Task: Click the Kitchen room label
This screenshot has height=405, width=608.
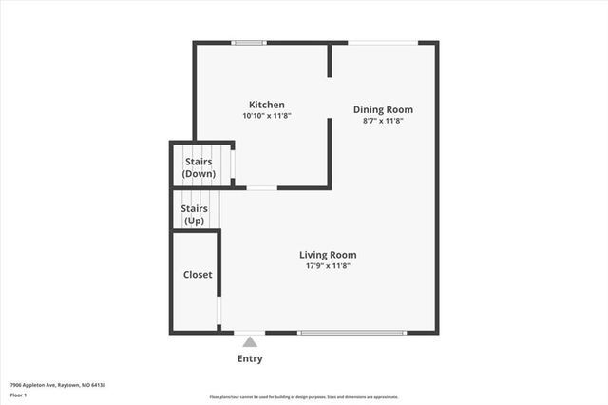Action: [x=266, y=105]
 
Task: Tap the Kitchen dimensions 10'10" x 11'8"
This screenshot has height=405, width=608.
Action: [x=266, y=116]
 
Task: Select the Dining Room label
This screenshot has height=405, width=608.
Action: [x=383, y=109]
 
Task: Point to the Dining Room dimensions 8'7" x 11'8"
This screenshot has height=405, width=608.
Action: [x=383, y=121]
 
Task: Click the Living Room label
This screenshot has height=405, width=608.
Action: [x=328, y=255]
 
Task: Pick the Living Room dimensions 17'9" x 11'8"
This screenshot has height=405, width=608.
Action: [x=328, y=266]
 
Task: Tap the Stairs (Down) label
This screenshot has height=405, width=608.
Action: [x=199, y=167]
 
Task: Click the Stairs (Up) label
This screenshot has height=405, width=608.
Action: [x=194, y=214]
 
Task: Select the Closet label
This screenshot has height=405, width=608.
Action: [x=198, y=275]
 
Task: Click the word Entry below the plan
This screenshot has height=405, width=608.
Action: [x=249, y=358]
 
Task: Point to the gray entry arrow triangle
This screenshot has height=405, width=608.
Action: [x=249, y=341]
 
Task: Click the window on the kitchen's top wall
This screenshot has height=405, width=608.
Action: [x=249, y=42]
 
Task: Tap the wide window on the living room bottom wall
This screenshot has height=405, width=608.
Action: [x=352, y=332]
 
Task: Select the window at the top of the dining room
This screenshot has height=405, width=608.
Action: [x=383, y=42]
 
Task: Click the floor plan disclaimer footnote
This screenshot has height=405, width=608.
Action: [x=304, y=397]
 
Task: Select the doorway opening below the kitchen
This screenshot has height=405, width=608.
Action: [x=261, y=187]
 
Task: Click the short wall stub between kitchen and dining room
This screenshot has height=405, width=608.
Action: [x=330, y=60]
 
